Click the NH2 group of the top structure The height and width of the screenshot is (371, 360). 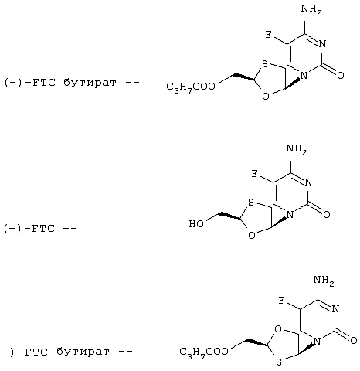click(311, 9)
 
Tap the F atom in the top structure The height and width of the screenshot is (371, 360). click(268, 35)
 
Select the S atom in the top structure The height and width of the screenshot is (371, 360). click(265, 63)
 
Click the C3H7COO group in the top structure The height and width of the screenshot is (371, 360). click(191, 87)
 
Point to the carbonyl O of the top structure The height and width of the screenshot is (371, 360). click(341, 75)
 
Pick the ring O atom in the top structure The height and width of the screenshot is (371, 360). click(266, 97)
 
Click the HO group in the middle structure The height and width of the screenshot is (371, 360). click(196, 223)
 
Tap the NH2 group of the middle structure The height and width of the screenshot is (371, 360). click(297, 149)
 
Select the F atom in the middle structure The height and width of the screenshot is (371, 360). click(254, 174)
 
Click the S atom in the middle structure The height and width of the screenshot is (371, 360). click(251, 203)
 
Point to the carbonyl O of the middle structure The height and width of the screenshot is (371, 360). click(327, 214)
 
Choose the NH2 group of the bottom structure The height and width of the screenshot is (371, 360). click(324, 281)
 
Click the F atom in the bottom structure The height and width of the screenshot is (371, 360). click(282, 301)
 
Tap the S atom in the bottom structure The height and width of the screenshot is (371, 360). click(279, 362)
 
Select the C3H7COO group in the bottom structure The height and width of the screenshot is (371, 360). click(204, 352)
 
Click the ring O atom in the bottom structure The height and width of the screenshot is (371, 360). click(278, 329)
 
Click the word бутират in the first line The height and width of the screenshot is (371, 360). click(90, 83)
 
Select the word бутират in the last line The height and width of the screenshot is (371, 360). click(83, 352)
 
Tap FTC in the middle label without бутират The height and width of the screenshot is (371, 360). click(43, 229)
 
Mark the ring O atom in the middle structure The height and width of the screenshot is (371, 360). click(252, 236)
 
